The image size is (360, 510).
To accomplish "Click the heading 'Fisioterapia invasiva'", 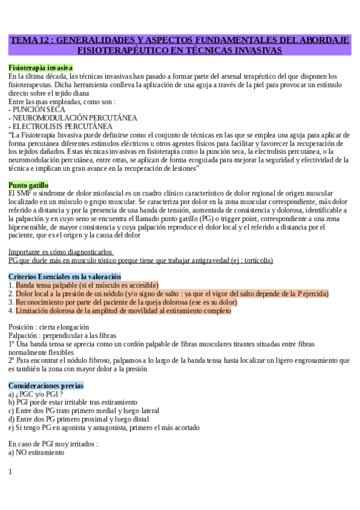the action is click(40, 68).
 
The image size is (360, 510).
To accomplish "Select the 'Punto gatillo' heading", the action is click(28, 185).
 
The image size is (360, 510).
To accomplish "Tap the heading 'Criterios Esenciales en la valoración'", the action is click(64, 276).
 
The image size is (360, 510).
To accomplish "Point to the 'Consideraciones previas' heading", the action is click(46, 385).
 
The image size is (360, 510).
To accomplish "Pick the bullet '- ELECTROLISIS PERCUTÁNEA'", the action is click(60, 126).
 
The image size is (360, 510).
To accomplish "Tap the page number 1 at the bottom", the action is click(10, 472).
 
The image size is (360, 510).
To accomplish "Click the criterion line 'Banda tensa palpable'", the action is click(87, 285).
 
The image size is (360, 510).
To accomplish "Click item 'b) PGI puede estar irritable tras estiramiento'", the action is click(73, 402).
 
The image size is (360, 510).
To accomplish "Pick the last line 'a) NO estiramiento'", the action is click(36, 452).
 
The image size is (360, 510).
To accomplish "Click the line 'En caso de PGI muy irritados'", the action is click(53, 443).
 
